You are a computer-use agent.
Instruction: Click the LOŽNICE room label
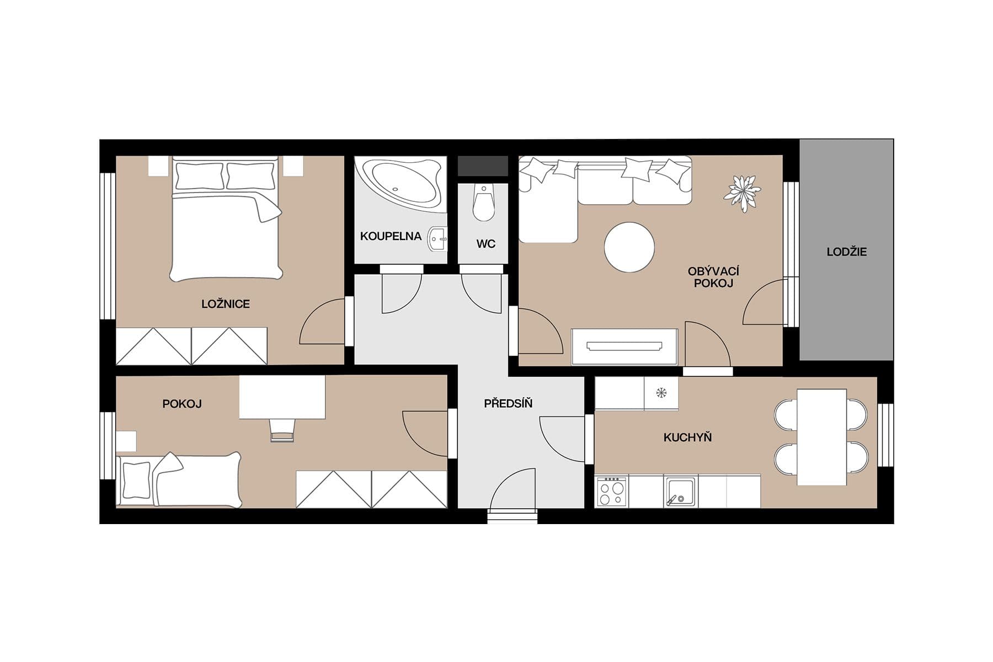(225, 304)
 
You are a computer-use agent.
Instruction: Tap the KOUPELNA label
(391, 237)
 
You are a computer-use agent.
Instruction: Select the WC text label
(485, 244)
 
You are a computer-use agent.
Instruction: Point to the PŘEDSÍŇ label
(508, 404)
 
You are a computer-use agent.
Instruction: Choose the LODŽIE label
(846, 252)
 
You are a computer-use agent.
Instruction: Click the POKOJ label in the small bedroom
(181, 404)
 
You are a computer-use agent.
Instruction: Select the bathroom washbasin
(438, 239)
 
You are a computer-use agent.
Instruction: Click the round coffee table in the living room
(629, 247)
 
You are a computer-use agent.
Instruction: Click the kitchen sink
(680, 491)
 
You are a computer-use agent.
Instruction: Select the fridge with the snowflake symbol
(661, 393)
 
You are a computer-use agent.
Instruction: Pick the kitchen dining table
(821, 437)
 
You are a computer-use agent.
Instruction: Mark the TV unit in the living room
(624, 346)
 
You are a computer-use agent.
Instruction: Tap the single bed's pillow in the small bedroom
(136, 479)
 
